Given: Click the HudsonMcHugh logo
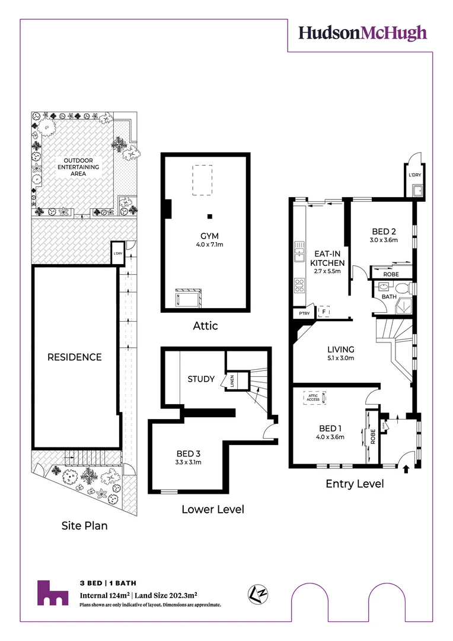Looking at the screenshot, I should pos(362,33).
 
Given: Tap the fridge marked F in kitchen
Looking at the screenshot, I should pos(324,310).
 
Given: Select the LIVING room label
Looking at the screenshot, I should pos(340,349).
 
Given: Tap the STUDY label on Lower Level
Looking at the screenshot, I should pos(201,379).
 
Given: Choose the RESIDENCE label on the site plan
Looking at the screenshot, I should pos(75,357).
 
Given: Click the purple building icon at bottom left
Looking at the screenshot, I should pos(52,594).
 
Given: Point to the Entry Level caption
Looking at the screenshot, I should pos(355,484).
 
